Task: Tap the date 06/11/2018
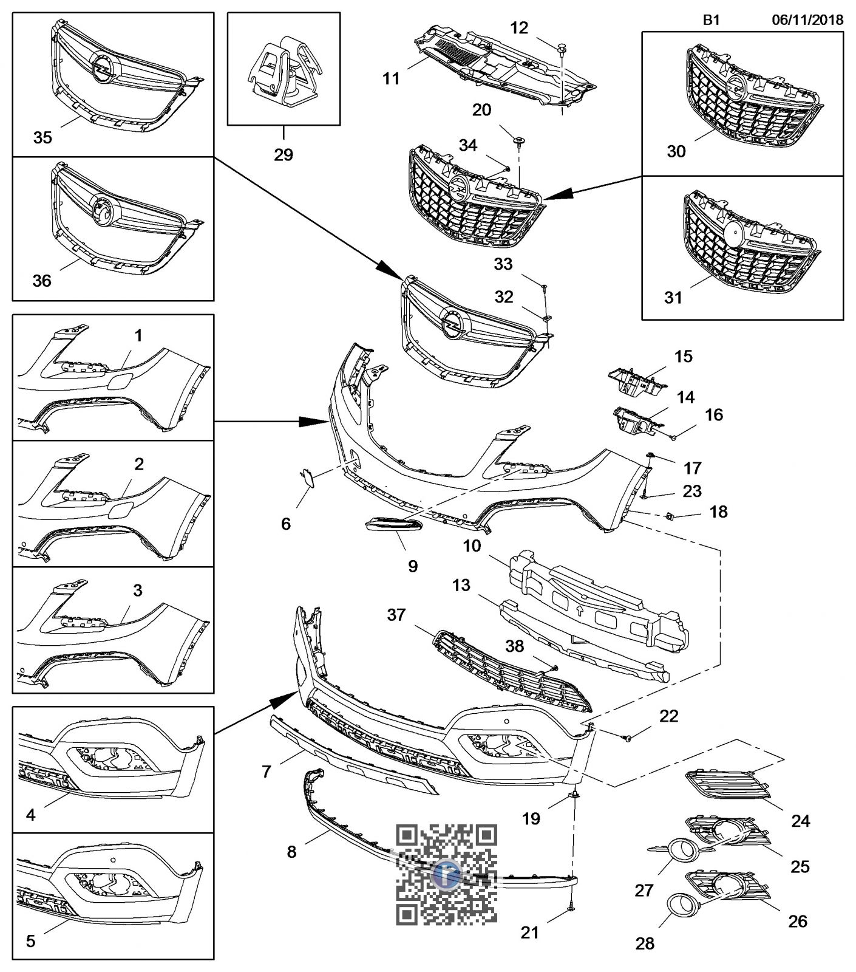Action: point(807,19)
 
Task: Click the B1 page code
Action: point(712,19)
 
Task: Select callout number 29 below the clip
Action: point(284,155)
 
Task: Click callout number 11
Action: point(392,78)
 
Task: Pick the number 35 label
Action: point(42,137)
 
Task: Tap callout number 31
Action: point(673,298)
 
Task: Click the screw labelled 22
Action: point(628,738)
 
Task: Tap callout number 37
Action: point(396,615)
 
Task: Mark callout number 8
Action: point(291,852)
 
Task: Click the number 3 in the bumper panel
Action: point(138,590)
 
